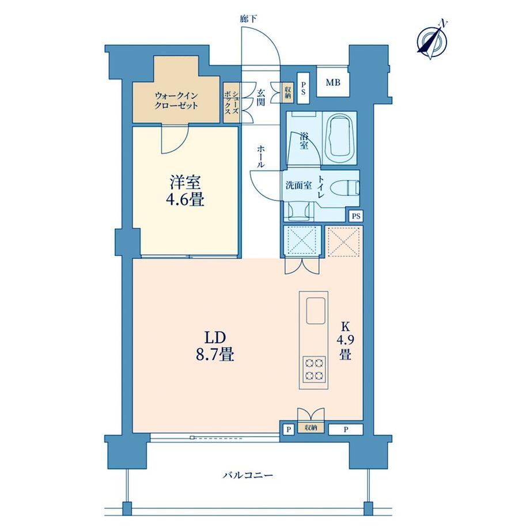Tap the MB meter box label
tap(333, 82)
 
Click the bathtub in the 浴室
tap(339, 138)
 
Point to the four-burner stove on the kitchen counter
tap(313, 369)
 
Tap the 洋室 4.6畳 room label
tap(185, 191)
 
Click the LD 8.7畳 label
tap(215, 346)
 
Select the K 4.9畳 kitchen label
tap(344, 340)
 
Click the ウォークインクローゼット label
tap(176, 101)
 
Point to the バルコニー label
tap(248, 475)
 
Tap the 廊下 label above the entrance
tap(248, 19)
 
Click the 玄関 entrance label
tap(260, 97)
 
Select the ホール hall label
tap(260, 157)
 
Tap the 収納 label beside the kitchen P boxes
tap(311, 427)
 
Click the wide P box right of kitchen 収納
tap(346, 430)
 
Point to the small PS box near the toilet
tap(356, 216)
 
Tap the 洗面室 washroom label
tap(298, 185)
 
